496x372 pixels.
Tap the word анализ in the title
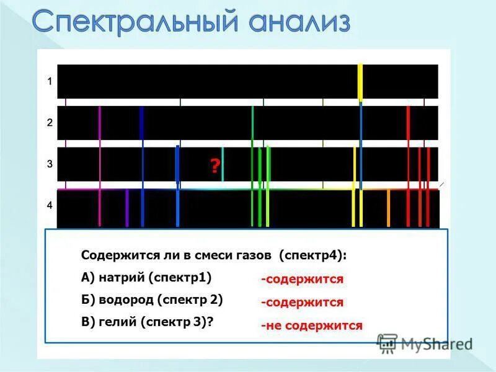coord(294,23)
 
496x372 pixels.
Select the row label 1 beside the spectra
coord(50,81)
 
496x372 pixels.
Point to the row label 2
coord(50,123)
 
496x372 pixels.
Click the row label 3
coord(50,164)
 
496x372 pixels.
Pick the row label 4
coord(50,205)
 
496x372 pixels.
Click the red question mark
coord(214,166)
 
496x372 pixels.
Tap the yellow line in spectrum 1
coord(360,81)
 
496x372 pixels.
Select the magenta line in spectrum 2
coord(99,123)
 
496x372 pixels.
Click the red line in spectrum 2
coord(408,123)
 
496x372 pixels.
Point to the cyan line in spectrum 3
coord(223,164)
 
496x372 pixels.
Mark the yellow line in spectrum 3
coord(354,164)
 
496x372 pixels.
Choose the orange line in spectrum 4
coord(388,208)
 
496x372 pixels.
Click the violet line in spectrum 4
coord(127,208)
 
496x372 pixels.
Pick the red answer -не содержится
coord(311,325)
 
